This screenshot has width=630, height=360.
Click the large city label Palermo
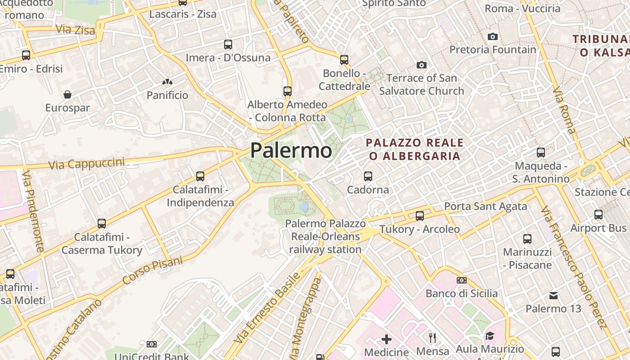click(x=291, y=150)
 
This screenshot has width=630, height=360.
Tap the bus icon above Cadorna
click(x=368, y=176)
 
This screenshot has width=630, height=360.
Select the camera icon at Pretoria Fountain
click(x=493, y=36)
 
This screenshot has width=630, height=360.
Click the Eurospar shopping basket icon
click(x=67, y=94)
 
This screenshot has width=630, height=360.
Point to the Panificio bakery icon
click(x=167, y=82)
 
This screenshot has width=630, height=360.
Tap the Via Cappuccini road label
click(x=86, y=164)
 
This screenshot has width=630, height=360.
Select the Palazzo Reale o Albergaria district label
click(x=414, y=149)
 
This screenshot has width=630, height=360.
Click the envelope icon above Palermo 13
click(x=553, y=296)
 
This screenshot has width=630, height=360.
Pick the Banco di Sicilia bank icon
click(x=461, y=280)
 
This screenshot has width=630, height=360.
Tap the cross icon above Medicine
click(x=387, y=339)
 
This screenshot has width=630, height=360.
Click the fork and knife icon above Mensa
click(x=432, y=337)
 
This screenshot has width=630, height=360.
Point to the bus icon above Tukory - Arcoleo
click(x=420, y=216)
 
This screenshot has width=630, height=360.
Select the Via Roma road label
click(x=564, y=111)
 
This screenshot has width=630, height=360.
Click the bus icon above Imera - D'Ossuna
click(x=228, y=45)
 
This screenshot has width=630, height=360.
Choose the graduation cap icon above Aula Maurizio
click(x=490, y=336)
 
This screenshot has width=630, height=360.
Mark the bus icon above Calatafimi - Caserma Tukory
click(x=102, y=224)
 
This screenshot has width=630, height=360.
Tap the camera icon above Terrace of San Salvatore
click(x=422, y=65)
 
